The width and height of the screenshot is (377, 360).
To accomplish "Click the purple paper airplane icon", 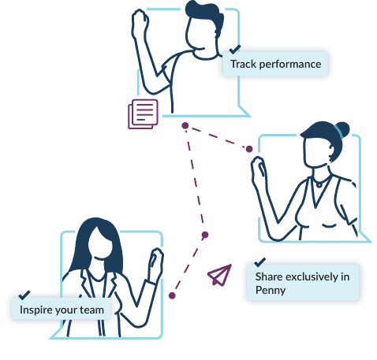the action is [x=220, y=275].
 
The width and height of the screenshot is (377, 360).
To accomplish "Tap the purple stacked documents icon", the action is [x=143, y=114].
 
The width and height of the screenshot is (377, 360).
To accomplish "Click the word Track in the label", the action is [x=243, y=65].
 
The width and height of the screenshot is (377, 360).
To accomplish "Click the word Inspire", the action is [x=36, y=310].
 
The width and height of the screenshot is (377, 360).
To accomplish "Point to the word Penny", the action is [x=271, y=291].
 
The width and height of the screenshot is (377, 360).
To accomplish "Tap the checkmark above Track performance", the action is [x=235, y=49].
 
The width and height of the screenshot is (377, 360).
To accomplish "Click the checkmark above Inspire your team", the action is [x=24, y=295].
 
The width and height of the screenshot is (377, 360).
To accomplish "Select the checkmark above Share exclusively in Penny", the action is [x=260, y=262].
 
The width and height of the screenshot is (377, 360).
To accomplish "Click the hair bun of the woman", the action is [x=342, y=129].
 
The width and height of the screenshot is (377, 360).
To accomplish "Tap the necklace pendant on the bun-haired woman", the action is [x=319, y=185].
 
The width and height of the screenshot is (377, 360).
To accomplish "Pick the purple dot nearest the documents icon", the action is [x=185, y=125].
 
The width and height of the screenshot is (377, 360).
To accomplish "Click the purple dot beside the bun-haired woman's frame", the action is [x=249, y=149].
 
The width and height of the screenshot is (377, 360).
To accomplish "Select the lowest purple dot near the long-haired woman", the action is [x=172, y=295].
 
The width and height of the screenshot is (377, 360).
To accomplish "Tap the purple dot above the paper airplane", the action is [x=205, y=235].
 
